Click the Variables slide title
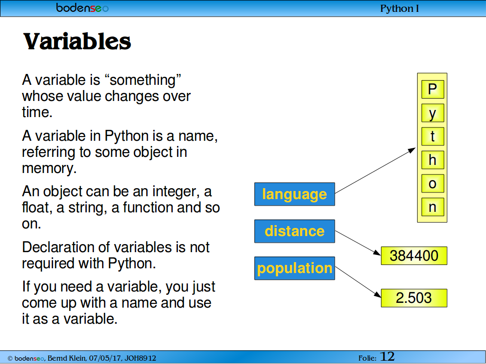(x=77, y=42)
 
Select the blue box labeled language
(x=295, y=194)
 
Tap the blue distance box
(x=295, y=231)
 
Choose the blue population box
(x=295, y=268)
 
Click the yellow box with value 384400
(x=414, y=255)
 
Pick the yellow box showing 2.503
(x=414, y=298)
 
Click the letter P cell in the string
(x=433, y=90)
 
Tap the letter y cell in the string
(x=433, y=113)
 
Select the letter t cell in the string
(x=433, y=136)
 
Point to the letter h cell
(x=433, y=160)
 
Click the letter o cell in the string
(x=433, y=183)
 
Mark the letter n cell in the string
(x=433, y=207)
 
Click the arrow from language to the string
(x=375, y=171)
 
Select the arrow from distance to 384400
(x=358, y=243)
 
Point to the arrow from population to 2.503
(x=358, y=282)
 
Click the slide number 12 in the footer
(x=387, y=356)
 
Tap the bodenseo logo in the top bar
(x=82, y=8)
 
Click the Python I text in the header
(x=400, y=9)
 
